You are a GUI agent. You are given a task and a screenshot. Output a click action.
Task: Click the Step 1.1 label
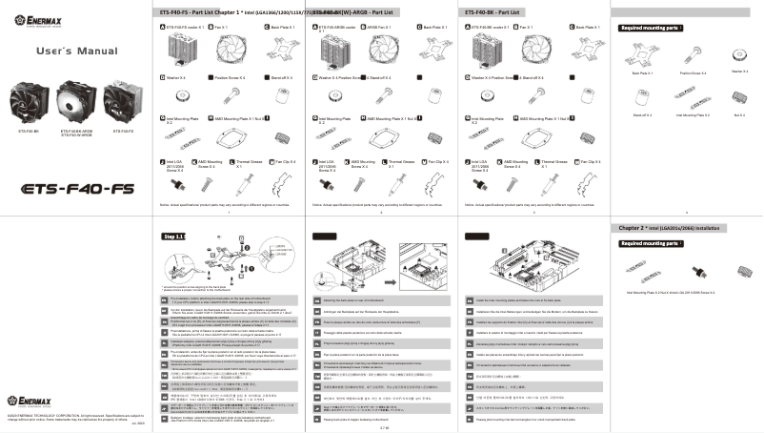coord(175,236)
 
